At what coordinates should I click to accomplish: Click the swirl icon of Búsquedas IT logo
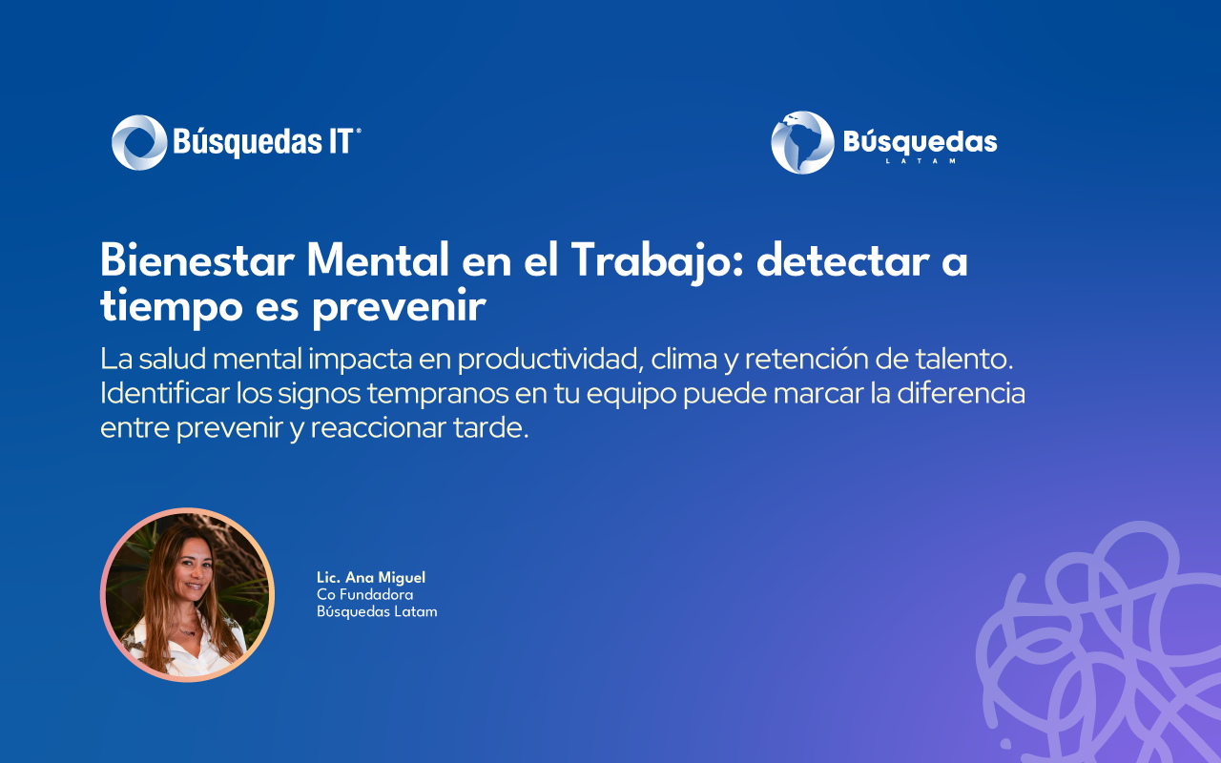tap(139, 142)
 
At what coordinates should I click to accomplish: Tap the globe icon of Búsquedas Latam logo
tap(802, 143)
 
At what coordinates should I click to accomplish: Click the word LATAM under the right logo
tap(921, 161)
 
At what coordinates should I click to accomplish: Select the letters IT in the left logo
tap(341, 142)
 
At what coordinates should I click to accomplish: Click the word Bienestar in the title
tap(197, 260)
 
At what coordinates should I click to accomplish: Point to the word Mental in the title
tap(378, 260)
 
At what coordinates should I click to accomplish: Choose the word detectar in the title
tap(842, 260)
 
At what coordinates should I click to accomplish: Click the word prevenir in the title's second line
tap(399, 308)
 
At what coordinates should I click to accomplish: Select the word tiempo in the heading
tap(172, 308)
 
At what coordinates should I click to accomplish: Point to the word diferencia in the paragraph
tap(961, 393)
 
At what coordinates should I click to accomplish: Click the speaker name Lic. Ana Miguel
tap(371, 578)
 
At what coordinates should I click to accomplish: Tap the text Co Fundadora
tap(364, 594)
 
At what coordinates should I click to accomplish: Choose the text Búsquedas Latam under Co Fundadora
tap(377, 611)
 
